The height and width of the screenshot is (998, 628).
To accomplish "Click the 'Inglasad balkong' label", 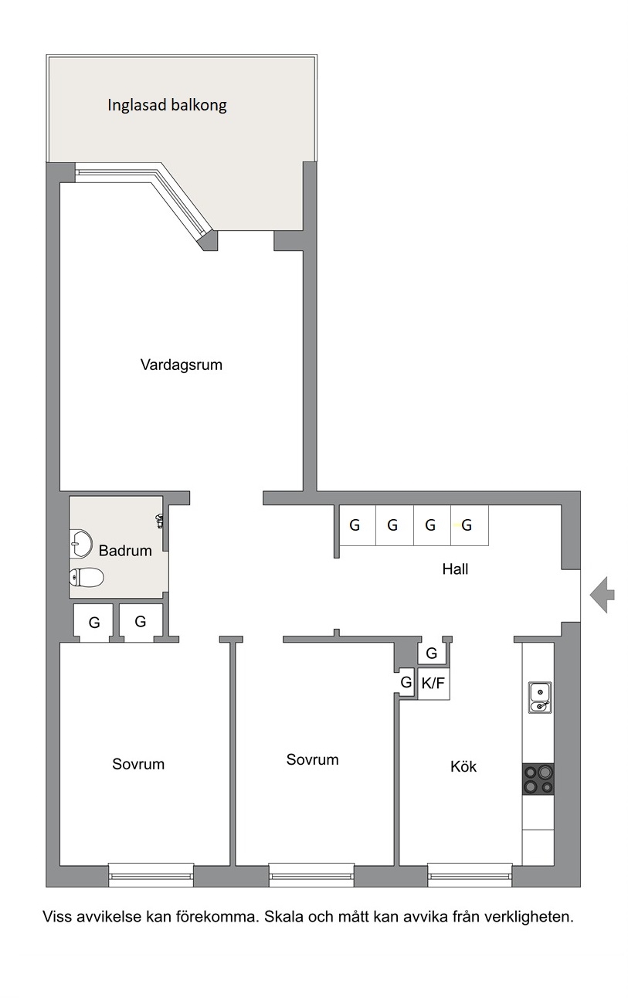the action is pos(167,106).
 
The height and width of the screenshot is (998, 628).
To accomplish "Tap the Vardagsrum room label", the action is pos(182,365).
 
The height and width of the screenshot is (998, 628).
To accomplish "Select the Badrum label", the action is pos(125,551).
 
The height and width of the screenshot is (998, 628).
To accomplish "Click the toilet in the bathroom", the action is pos(87,578).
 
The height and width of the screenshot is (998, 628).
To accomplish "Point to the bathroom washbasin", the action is pos(80,543).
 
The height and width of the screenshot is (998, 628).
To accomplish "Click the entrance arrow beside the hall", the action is pos(603,595).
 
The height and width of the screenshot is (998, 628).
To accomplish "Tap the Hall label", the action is pos(455,569).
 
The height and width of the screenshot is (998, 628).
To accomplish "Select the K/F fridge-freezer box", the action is pos(433,684).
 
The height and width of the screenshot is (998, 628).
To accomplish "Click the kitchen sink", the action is pos(540,698).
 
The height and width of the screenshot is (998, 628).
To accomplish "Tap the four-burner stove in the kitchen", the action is pos(538,779).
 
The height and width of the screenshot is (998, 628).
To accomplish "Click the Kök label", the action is pos(463,767).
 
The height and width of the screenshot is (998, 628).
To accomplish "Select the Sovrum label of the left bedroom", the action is pos(138,765).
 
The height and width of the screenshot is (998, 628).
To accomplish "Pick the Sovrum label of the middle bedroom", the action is pos(312,759).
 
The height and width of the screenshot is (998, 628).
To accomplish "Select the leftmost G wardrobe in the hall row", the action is pos(358,525).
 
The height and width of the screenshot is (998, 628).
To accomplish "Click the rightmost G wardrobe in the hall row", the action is pos(470,525).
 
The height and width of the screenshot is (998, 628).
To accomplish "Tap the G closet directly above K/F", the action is pos(431,653).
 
